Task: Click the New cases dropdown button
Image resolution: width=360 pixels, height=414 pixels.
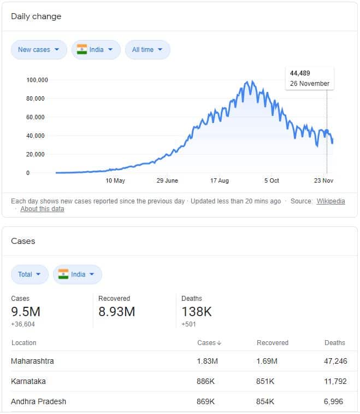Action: (x=39, y=50)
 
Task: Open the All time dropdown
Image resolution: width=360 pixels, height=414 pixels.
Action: (x=147, y=50)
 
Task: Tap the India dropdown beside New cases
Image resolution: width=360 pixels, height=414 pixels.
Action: (x=96, y=50)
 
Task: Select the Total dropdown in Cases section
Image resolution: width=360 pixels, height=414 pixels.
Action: (x=29, y=275)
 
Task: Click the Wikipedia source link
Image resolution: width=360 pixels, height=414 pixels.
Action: (x=331, y=201)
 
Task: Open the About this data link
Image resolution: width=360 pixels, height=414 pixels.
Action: (x=42, y=209)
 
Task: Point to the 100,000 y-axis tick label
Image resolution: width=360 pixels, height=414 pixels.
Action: (x=37, y=80)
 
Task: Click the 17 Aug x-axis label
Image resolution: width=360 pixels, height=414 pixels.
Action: (x=219, y=180)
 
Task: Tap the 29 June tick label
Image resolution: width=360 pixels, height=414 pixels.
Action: (x=167, y=180)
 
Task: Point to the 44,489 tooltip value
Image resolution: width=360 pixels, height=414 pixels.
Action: (x=300, y=73)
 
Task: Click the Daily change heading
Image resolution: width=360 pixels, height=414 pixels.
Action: (x=36, y=16)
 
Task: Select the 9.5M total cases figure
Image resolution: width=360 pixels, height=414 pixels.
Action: (x=26, y=312)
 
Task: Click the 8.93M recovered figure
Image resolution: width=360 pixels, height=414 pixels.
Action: (x=116, y=312)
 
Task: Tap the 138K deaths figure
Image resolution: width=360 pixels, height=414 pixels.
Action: (x=197, y=312)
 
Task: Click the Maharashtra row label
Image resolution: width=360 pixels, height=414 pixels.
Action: (x=32, y=361)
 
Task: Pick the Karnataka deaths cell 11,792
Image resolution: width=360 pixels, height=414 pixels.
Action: (x=335, y=381)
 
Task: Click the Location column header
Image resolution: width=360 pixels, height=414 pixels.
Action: (x=23, y=343)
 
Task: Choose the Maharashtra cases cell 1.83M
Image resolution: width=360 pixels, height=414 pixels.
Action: (x=207, y=361)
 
